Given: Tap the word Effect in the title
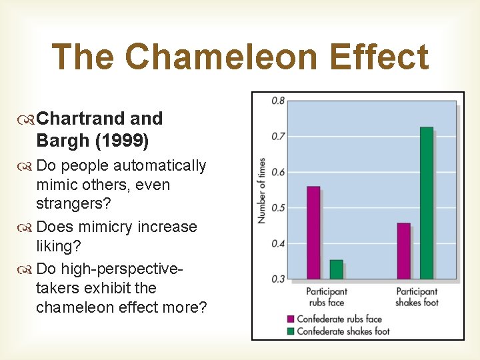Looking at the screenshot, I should (x=381, y=57).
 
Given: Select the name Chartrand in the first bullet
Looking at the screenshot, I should (x=81, y=119).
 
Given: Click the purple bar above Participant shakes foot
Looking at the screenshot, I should (x=403, y=251).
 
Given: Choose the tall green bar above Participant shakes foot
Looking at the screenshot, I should (x=426, y=203).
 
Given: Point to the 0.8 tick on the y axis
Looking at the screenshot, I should (x=278, y=101).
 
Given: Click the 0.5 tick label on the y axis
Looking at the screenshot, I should (x=278, y=207).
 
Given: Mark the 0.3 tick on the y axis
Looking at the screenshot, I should (x=278, y=279).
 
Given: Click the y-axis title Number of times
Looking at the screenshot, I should (x=263, y=190).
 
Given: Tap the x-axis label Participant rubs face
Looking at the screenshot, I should (x=326, y=297).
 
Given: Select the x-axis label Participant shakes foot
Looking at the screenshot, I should (x=416, y=297).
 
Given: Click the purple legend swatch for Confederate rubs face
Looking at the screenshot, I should (x=291, y=319).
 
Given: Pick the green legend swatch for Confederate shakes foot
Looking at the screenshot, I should (x=291, y=331).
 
